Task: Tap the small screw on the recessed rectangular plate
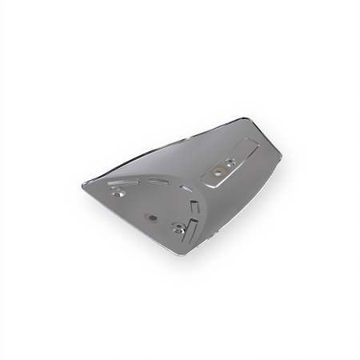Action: pos(232,161)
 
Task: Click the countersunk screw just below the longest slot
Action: pos(119,192)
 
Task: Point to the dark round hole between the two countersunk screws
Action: pos(150,214)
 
